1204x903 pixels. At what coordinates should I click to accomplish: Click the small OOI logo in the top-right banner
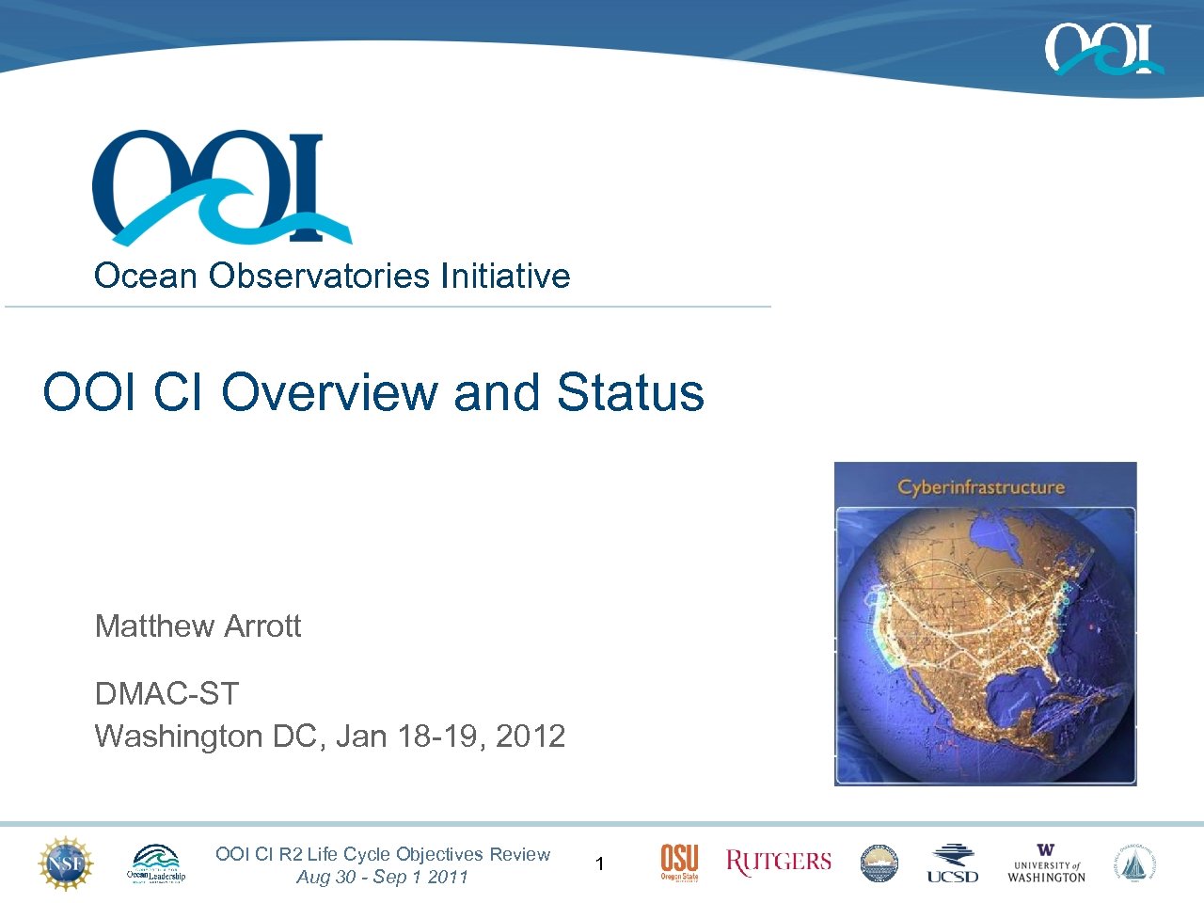click(1102, 49)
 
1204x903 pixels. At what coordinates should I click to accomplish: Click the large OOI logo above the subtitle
click(221, 187)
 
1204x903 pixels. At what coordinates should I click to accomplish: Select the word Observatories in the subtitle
click(320, 276)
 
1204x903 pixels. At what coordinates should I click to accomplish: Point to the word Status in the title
click(629, 392)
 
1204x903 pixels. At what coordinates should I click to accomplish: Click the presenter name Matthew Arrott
click(198, 626)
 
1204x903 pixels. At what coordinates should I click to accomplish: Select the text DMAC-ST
click(166, 694)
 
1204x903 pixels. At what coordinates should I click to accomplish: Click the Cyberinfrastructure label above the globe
click(980, 486)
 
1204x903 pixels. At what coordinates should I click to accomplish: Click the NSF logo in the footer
click(66, 863)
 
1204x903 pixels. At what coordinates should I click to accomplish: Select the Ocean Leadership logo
click(156, 863)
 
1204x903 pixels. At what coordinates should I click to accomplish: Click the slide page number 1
click(600, 863)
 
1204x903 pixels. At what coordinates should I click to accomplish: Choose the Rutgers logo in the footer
click(778, 863)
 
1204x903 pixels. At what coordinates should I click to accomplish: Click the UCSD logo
click(952, 863)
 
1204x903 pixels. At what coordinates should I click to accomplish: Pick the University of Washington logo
click(1046, 863)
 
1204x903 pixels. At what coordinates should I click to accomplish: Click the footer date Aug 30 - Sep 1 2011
click(382, 877)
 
